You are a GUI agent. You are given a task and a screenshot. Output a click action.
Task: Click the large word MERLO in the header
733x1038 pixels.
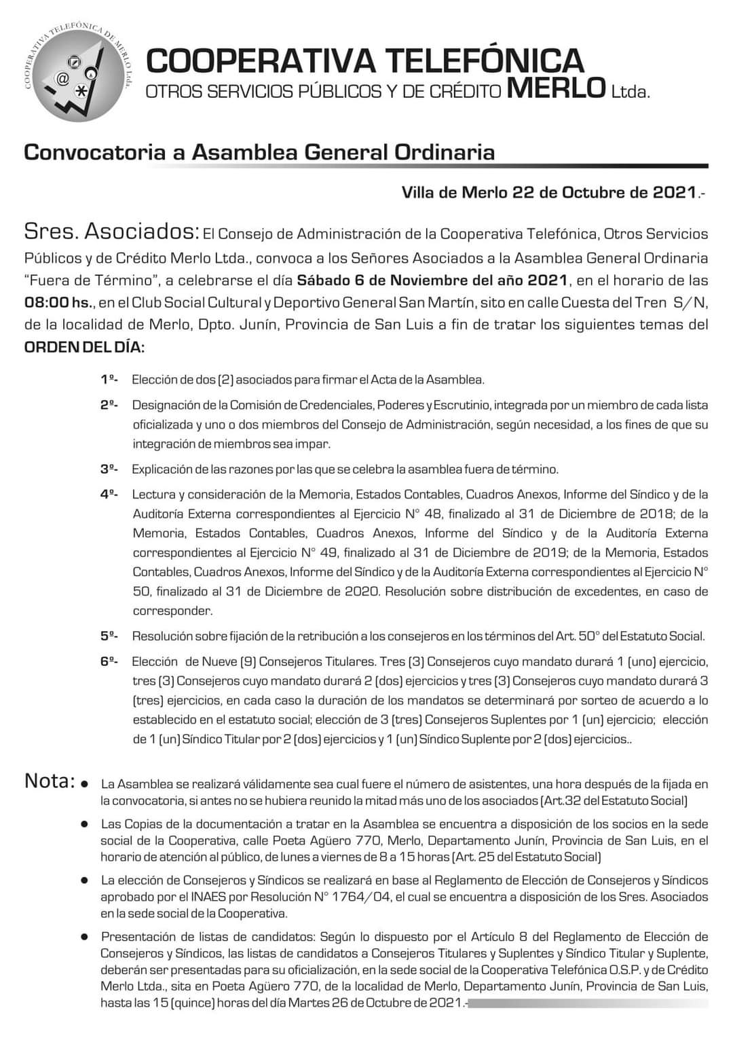(x=556, y=89)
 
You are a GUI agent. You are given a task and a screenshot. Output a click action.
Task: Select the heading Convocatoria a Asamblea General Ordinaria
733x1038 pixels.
(x=259, y=151)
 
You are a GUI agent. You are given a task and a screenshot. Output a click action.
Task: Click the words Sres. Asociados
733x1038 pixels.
(x=111, y=232)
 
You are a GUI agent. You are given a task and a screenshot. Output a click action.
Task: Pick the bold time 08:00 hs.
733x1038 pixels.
(x=57, y=302)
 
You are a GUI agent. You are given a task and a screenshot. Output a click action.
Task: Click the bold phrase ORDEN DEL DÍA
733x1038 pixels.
(x=84, y=347)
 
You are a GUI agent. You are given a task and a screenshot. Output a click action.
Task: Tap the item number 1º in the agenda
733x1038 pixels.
(x=109, y=379)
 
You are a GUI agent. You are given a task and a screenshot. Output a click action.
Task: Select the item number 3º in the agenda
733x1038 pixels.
(x=109, y=469)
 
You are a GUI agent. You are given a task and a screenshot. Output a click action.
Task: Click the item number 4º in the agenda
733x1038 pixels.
(x=109, y=495)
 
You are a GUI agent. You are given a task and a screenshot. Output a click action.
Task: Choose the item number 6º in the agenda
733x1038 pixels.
(x=109, y=661)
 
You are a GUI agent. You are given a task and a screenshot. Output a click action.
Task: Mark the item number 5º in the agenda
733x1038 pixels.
(x=109, y=636)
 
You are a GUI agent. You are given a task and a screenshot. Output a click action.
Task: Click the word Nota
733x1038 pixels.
(x=49, y=781)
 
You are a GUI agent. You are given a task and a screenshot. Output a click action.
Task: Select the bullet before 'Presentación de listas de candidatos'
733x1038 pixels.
(x=86, y=937)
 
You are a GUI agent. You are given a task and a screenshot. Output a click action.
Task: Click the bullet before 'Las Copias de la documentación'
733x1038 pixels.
(x=86, y=824)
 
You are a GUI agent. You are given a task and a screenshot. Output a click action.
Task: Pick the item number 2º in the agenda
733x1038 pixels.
(x=109, y=405)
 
